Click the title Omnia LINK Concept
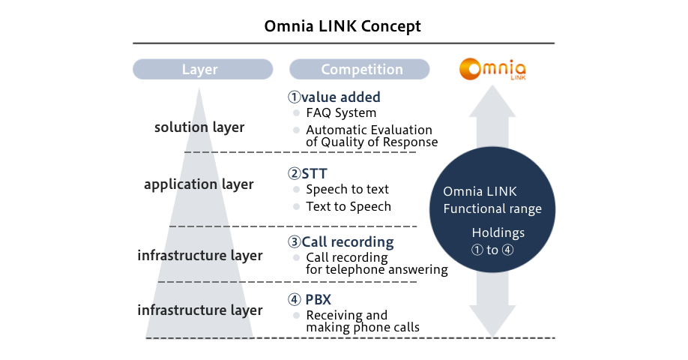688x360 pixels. point(343,26)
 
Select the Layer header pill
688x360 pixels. point(202,69)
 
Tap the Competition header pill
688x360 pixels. point(359,69)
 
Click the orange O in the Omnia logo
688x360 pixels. point(471,69)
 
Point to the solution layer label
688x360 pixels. point(199,127)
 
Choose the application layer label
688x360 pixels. point(199,184)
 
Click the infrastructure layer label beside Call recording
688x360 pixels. point(200,255)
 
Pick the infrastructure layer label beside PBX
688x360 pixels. point(200,310)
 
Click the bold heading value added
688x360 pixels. point(341,97)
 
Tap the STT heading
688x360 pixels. point(314,173)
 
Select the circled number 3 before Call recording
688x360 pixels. point(294,242)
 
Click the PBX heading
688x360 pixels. point(318,299)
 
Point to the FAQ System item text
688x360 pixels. point(341,113)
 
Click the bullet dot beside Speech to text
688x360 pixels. point(296,189)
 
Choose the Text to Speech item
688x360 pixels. point(348,206)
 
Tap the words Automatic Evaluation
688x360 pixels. point(369,130)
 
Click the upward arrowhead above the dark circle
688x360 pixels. point(492,101)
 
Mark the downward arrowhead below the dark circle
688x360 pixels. point(492,321)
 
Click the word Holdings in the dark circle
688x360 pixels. point(498,232)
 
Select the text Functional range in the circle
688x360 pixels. point(492,208)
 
